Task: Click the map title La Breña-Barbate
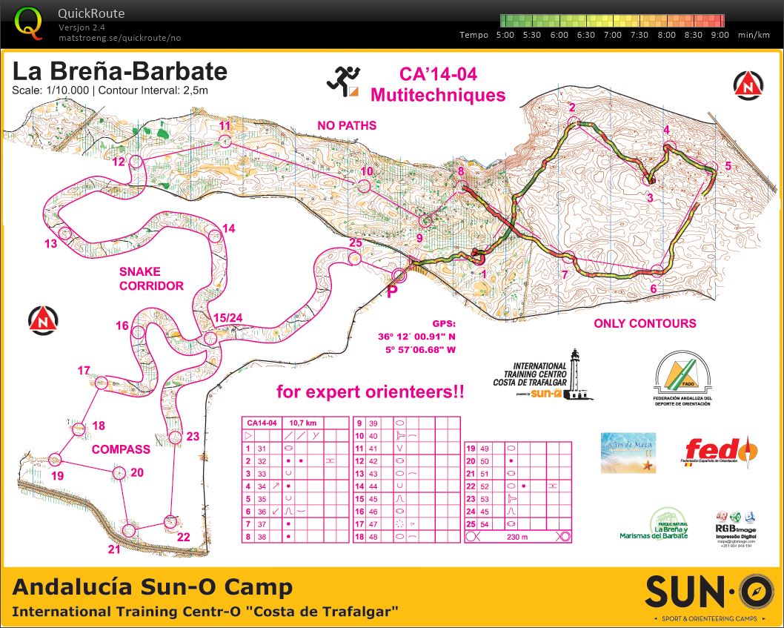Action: [x=119, y=73]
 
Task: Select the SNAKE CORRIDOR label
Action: [x=151, y=278]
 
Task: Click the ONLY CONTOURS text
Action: [x=645, y=323]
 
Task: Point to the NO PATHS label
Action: [x=347, y=125]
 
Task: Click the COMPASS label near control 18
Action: [x=121, y=449]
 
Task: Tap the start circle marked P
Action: [x=399, y=276]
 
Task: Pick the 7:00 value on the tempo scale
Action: [x=613, y=35]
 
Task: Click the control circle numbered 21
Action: [x=129, y=530]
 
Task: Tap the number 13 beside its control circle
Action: [x=50, y=244]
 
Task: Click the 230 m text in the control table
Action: [x=518, y=536]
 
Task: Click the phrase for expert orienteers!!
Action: [x=370, y=391]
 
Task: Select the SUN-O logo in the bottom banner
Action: [x=703, y=590]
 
